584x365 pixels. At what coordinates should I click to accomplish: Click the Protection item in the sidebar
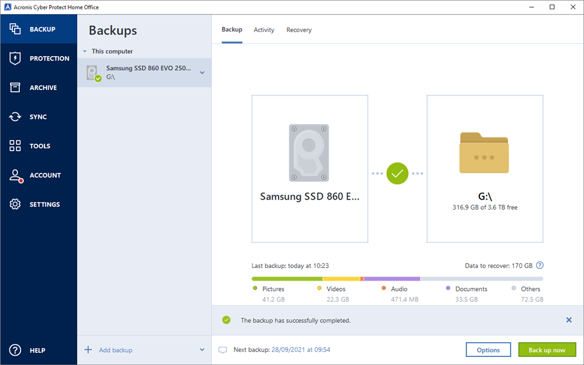coord(39,58)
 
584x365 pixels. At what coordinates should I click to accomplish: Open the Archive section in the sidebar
coord(39,88)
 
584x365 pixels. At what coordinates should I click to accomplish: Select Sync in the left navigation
coord(39,117)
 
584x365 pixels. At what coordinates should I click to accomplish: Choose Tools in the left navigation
coord(39,145)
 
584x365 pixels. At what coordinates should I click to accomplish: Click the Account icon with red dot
coord(16,175)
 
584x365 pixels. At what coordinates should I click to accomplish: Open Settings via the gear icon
coord(15,204)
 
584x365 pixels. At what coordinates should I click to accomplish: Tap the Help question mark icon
coord(15,350)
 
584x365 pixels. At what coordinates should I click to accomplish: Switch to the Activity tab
coord(264,30)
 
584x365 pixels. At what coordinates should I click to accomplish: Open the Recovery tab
coord(299,30)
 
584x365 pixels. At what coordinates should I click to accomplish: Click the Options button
coord(488,350)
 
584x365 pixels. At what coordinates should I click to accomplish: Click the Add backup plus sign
coord(88,349)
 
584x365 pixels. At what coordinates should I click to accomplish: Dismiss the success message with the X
coord(569,320)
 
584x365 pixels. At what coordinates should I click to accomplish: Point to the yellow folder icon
coord(484,152)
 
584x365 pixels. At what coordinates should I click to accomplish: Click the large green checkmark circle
coord(397,173)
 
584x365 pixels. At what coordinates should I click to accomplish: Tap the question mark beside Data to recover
coord(540,265)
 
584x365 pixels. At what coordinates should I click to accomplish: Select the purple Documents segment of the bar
coord(392,279)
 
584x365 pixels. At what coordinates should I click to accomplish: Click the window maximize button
coord(552,7)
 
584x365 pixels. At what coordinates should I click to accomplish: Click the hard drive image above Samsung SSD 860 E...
coord(309,152)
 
